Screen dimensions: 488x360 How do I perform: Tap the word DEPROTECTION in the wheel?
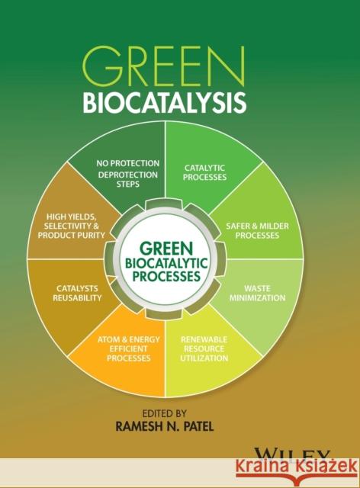coord(128,174)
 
